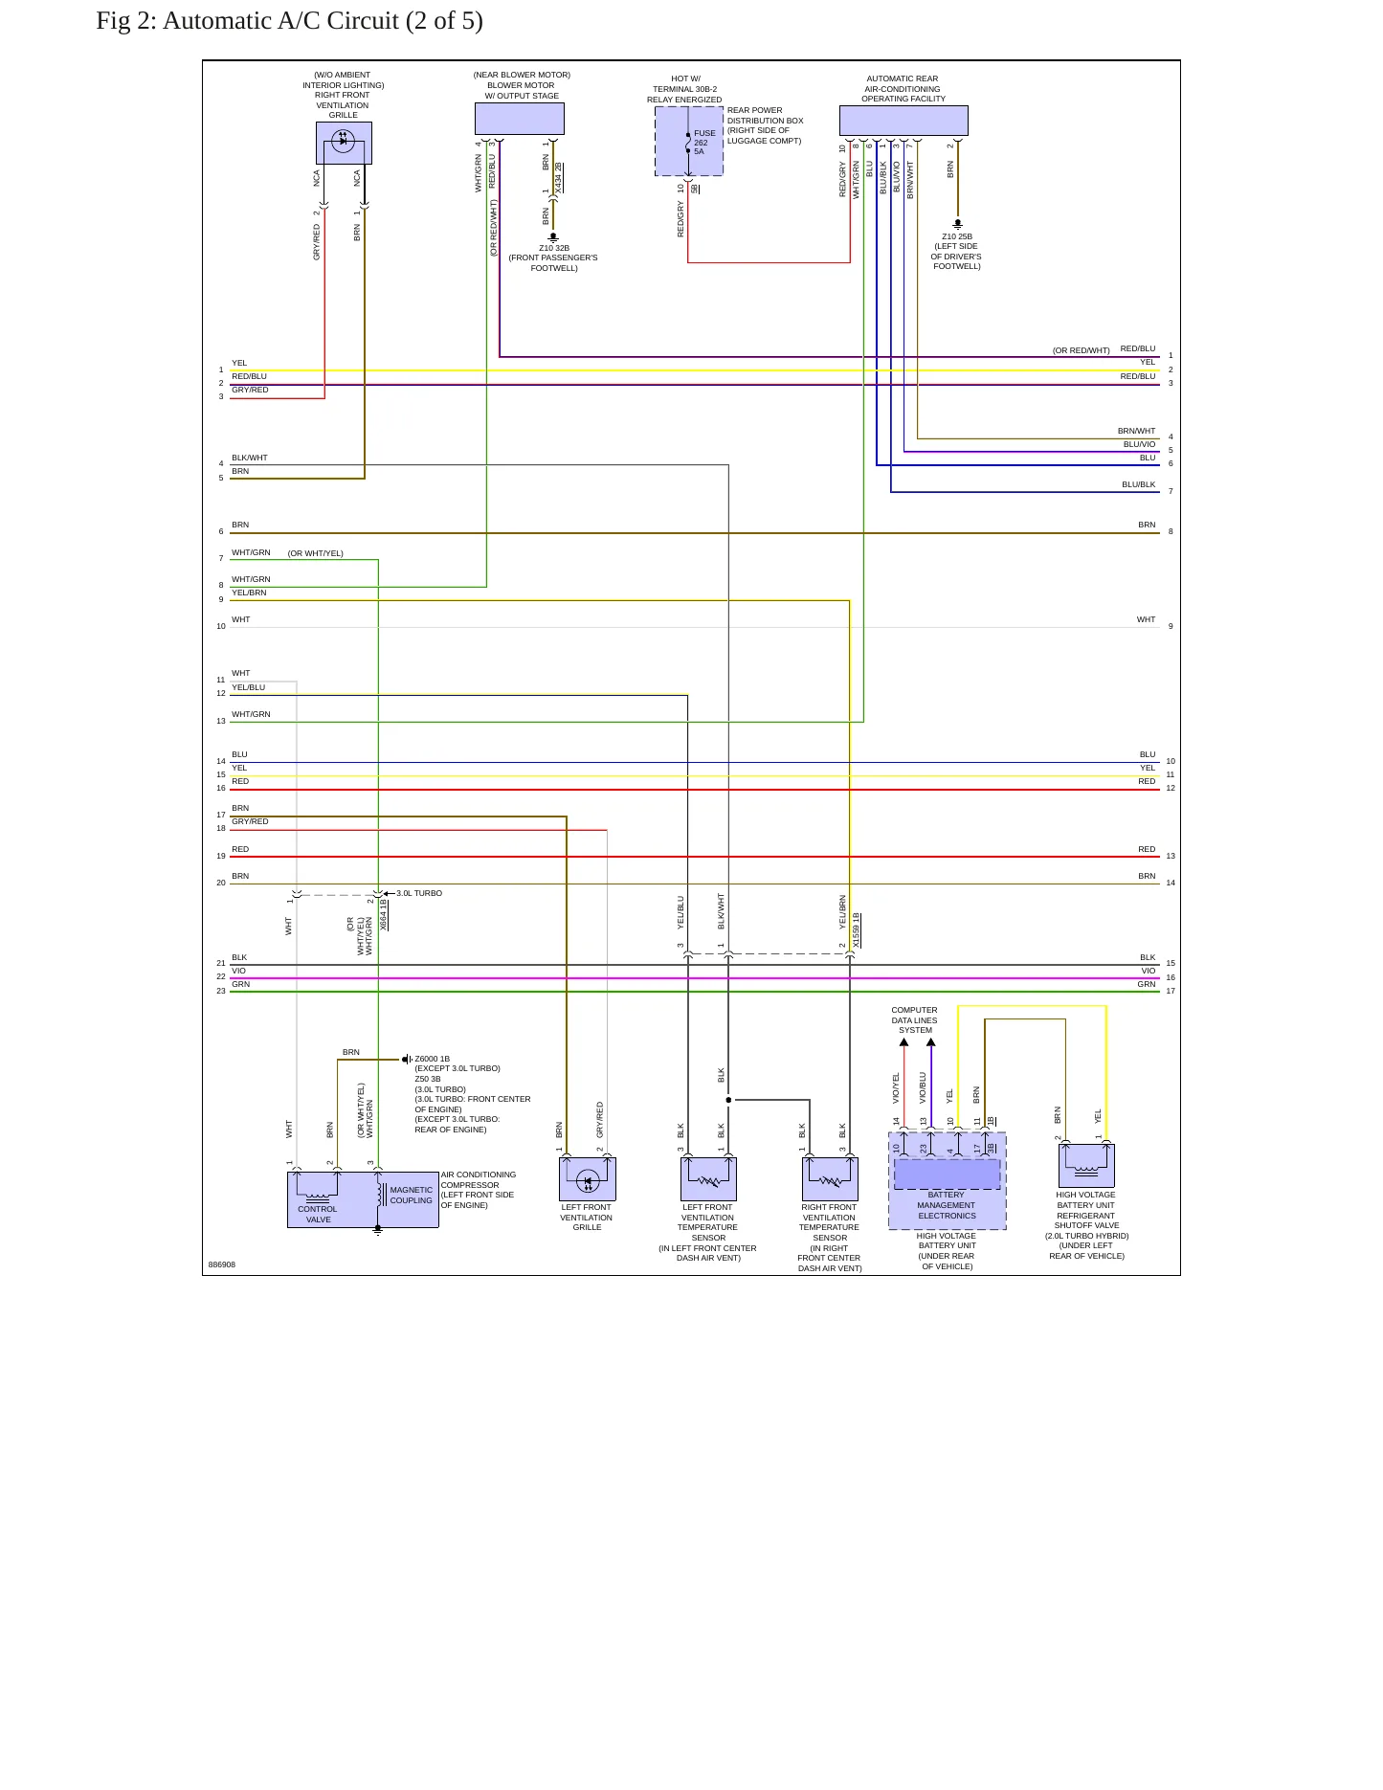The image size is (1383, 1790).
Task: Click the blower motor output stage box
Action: [520, 119]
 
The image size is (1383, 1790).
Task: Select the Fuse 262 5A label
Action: [704, 143]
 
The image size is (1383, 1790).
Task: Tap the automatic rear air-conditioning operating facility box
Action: [903, 121]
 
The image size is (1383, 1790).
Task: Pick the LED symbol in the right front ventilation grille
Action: [343, 141]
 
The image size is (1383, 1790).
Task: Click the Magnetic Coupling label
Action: [412, 1195]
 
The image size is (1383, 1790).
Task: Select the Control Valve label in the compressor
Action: [318, 1214]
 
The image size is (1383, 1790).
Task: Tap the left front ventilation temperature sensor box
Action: [708, 1178]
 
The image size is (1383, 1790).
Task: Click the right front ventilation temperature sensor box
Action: [830, 1178]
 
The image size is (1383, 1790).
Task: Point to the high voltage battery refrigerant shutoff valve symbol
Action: [1086, 1165]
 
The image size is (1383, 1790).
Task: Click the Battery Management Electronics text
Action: [947, 1205]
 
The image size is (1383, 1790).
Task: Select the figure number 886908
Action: [222, 1264]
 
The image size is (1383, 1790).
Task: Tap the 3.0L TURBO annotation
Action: [419, 893]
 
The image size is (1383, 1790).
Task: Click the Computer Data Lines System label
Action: [915, 1020]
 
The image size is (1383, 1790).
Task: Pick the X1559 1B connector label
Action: [857, 930]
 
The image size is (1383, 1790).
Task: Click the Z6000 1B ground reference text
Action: [432, 1059]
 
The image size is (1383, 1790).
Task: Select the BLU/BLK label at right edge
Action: [1139, 484]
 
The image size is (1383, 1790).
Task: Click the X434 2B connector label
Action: [559, 179]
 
